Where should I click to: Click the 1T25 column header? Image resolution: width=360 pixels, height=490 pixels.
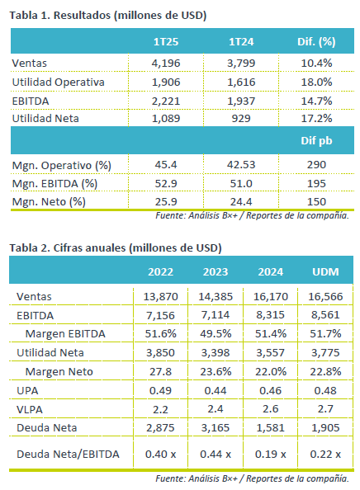click(x=166, y=42)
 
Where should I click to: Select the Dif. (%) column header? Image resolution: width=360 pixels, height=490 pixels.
click(x=316, y=42)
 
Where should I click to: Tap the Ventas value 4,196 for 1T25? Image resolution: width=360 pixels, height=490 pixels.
click(x=166, y=64)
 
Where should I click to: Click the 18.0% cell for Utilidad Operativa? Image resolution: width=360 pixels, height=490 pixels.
click(x=316, y=82)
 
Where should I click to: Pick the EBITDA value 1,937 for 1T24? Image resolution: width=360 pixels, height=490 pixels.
click(x=241, y=101)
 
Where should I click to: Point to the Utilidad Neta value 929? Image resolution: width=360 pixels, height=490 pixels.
click(x=241, y=119)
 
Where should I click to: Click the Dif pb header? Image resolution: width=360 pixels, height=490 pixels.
click(x=316, y=140)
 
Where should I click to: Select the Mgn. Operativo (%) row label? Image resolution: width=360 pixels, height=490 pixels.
click(x=62, y=165)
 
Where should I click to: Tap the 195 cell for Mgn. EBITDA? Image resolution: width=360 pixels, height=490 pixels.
click(x=316, y=183)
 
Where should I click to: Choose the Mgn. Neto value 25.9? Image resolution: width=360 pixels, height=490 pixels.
click(x=166, y=201)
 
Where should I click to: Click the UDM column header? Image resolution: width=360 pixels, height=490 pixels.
click(x=325, y=272)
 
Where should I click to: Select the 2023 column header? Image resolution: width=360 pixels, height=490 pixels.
click(x=216, y=272)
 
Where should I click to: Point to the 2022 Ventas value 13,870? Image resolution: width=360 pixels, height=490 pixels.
click(x=160, y=297)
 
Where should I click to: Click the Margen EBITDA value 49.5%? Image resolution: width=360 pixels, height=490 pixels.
click(x=216, y=334)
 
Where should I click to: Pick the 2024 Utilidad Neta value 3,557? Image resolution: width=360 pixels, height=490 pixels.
click(x=270, y=353)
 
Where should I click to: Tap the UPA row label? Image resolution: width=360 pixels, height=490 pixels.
click(x=27, y=391)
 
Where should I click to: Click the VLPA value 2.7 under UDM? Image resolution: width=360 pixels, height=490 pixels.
click(x=325, y=409)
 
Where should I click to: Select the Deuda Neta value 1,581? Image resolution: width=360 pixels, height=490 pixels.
click(x=270, y=428)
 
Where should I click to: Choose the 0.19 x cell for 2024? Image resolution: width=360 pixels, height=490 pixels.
click(x=270, y=455)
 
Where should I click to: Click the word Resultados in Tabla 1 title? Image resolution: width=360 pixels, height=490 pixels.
click(x=82, y=16)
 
